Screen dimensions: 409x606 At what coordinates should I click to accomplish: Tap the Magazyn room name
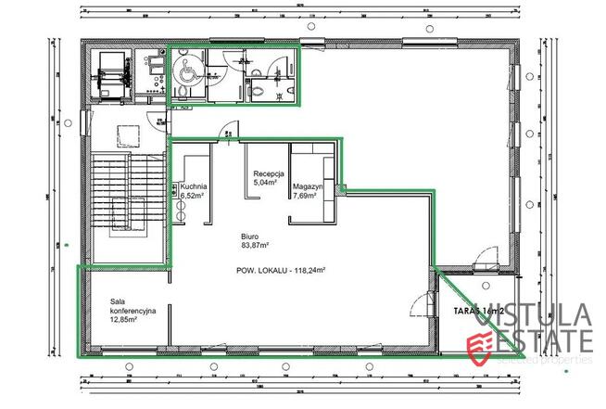pos(306,186)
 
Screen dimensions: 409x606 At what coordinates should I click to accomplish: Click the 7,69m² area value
pos(306,196)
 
